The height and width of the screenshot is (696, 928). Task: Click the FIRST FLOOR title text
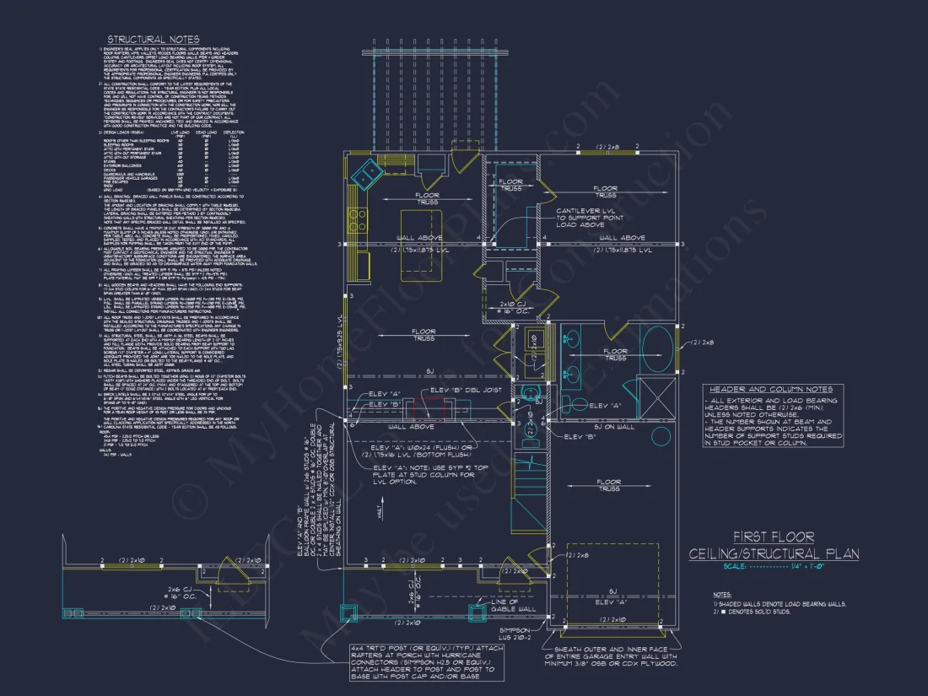774,537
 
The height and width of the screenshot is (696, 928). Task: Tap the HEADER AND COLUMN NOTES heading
772,389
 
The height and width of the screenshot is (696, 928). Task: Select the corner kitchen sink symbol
369,175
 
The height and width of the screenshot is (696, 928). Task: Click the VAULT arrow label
380,512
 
